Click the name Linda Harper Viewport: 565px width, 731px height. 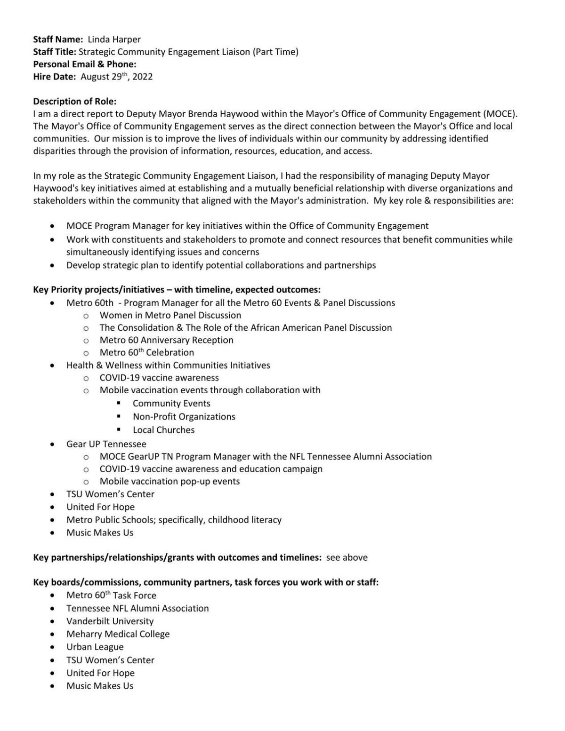[x=114, y=40]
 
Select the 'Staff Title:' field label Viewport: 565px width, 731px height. [x=55, y=52]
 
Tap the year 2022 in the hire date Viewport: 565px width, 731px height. [x=142, y=77]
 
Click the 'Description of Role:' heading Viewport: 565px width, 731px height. [x=75, y=101]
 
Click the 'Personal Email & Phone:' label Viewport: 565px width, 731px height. [x=85, y=64]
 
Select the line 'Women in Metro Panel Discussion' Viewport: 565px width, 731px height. [x=170, y=315]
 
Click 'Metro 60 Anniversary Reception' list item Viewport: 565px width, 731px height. [x=166, y=340]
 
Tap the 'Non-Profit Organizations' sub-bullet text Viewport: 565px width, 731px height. [x=184, y=417]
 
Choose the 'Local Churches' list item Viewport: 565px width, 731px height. [x=163, y=430]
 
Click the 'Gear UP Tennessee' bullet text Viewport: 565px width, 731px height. [x=106, y=444]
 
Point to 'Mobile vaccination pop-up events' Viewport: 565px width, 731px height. [x=169, y=481]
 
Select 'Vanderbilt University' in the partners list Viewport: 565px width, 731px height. [x=110, y=621]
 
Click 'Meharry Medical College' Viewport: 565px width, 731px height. [x=118, y=634]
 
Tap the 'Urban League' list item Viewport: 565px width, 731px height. [x=95, y=647]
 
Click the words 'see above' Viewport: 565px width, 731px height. [x=347, y=557]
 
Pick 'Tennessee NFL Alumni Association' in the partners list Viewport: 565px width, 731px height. [x=137, y=608]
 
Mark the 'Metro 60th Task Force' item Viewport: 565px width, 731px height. [x=111, y=596]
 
